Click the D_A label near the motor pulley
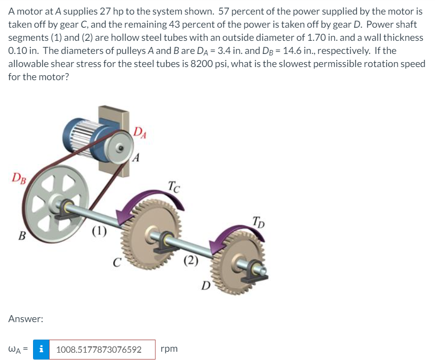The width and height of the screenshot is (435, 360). tap(140, 132)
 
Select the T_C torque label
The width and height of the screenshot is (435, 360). tap(173, 186)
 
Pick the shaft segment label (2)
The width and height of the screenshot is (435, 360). tap(191, 261)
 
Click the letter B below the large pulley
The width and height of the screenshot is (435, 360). tap(21, 237)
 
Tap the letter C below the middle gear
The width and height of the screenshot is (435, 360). tap(117, 263)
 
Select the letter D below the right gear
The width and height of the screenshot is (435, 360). tap(206, 285)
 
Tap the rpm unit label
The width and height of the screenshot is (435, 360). tap(169, 349)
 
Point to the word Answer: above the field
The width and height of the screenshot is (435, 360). tap(26, 319)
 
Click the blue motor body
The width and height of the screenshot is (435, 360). tap(86, 131)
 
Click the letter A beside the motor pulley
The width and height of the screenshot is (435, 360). tap(138, 157)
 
